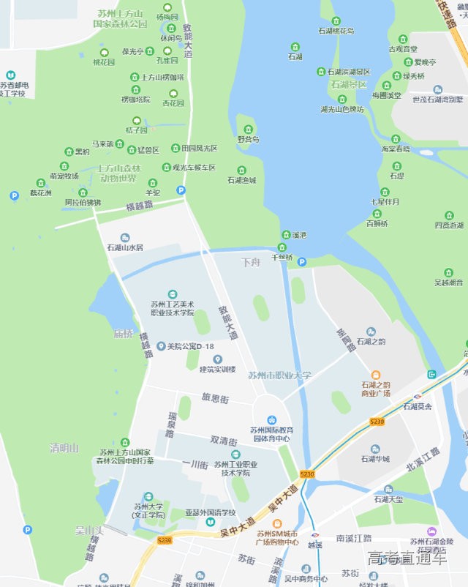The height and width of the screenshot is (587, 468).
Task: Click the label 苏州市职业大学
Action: point(279,375)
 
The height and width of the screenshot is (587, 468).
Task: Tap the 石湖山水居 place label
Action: point(125,248)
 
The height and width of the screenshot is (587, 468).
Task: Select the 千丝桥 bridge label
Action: point(282,257)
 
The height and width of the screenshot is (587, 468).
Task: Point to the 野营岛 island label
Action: point(249,139)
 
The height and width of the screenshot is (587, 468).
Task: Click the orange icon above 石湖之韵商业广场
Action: point(376,375)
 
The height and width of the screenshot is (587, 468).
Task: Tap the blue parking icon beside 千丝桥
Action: point(301,262)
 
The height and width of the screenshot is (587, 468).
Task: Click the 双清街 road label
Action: point(224,441)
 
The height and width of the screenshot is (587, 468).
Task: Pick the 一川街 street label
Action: point(195,465)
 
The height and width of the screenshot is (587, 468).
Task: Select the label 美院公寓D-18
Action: point(190,346)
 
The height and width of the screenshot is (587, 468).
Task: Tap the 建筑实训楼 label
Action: point(218,369)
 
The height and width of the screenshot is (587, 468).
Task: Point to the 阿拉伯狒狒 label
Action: point(83,202)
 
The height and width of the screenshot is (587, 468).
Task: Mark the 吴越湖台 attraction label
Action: point(449,282)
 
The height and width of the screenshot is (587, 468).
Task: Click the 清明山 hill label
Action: point(64,448)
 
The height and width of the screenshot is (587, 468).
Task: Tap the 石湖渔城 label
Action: point(242,180)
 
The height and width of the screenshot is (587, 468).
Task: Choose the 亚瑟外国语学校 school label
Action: point(211,512)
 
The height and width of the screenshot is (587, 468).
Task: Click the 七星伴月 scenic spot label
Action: point(385,201)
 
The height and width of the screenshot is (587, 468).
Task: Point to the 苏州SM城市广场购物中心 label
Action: point(276,537)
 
